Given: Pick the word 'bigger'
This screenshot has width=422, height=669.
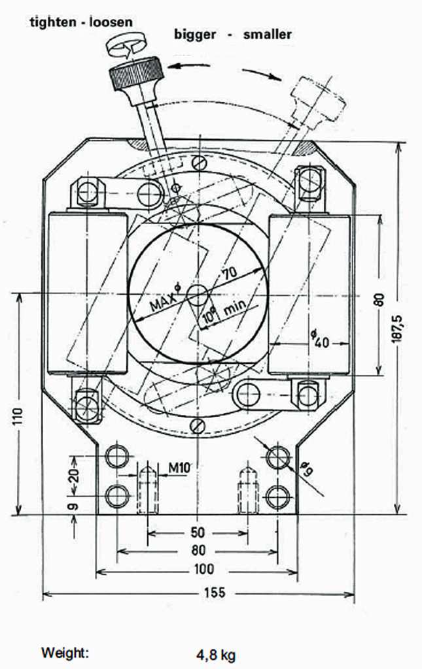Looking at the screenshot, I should click(194, 34).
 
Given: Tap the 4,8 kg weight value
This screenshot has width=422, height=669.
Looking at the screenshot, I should click(216, 654).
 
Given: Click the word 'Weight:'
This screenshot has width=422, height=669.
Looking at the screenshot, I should click(65, 653).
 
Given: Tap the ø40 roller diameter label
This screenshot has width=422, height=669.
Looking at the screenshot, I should click(317, 339).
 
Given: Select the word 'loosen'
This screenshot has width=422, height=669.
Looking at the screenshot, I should click(109, 22).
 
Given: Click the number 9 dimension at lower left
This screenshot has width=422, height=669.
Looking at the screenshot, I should click(73, 505).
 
